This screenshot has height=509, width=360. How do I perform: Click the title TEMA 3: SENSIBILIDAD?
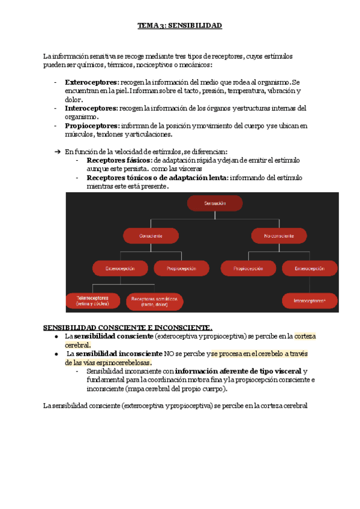[180, 26]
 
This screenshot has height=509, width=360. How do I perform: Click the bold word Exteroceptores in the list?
[91, 82]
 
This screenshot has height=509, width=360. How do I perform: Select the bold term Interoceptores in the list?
[91, 109]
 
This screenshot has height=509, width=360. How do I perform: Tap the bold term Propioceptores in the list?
[92, 126]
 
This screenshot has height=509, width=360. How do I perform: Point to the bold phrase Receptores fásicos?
[119, 161]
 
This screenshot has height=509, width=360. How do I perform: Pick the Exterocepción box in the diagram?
[120, 268]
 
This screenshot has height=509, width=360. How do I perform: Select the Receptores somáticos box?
[154, 301]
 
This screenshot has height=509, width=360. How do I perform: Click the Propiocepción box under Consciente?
[182, 268]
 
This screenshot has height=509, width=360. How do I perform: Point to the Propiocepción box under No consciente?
[247, 268]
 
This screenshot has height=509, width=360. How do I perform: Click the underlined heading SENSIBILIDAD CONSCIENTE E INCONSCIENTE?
[128, 327]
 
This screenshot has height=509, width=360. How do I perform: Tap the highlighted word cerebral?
[77, 345]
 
